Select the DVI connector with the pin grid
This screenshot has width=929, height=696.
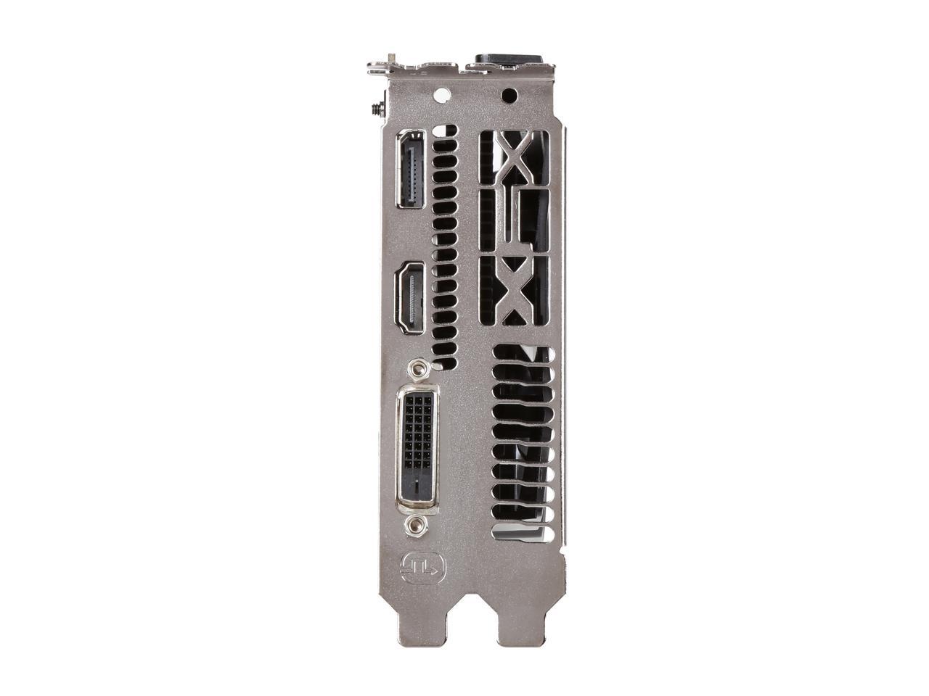pyautogui.click(x=417, y=449)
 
